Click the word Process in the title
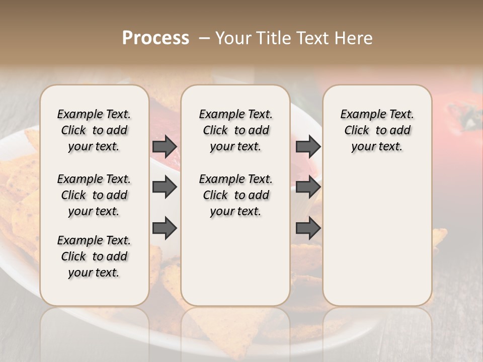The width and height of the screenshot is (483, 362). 155,38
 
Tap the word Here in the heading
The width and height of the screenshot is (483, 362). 355,38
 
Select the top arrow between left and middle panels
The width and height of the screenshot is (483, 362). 165,146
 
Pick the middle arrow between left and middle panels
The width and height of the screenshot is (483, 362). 165,187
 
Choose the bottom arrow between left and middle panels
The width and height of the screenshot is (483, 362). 165,228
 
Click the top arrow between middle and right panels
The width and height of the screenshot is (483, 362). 308,146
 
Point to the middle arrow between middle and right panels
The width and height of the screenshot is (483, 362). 308,187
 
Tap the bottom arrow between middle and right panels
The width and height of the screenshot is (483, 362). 308,228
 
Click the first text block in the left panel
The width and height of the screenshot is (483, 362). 94,130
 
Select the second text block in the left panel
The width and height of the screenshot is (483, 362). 94,195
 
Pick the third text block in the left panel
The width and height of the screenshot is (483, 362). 94,256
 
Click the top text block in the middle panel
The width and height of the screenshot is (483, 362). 235,130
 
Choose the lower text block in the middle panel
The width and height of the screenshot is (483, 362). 235,195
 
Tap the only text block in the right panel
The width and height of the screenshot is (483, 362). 377,130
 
